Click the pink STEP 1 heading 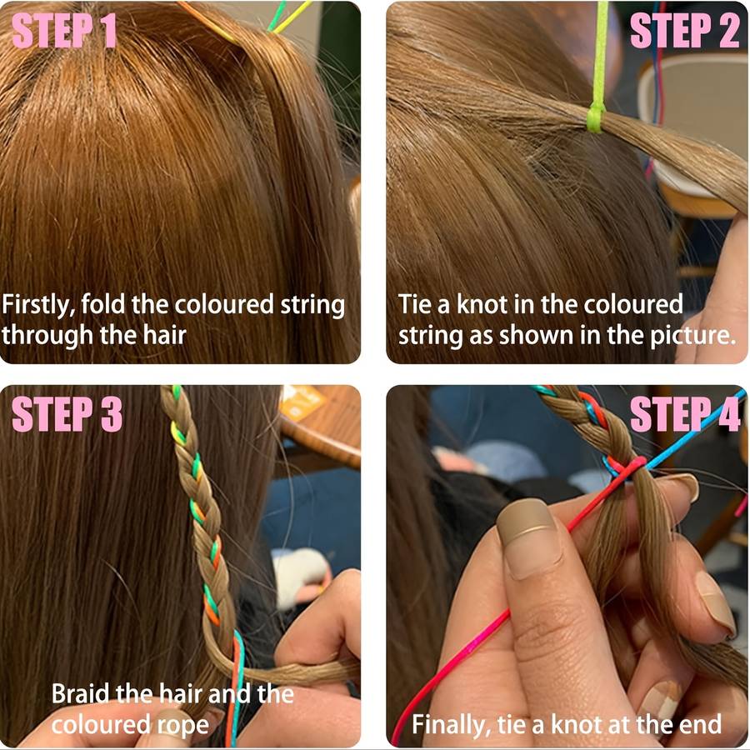[64, 30]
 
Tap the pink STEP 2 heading [685, 30]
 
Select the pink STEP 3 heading [67, 414]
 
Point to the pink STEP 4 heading [685, 414]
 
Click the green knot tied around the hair [596, 118]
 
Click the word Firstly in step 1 [38, 305]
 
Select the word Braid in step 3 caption [80, 693]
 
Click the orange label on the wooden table [302, 402]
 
